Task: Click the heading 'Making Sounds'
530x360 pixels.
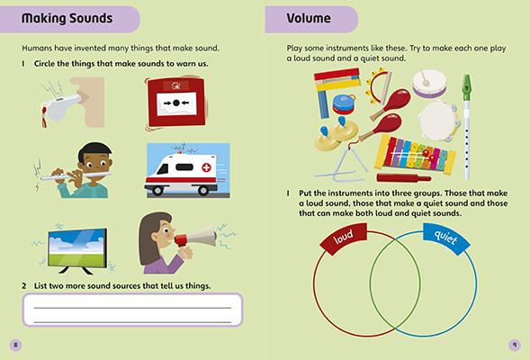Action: (x=67, y=18)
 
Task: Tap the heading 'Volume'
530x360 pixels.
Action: (x=309, y=18)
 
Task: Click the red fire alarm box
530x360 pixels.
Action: (x=180, y=101)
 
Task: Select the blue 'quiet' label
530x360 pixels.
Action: (x=446, y=238)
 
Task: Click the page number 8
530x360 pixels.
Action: (x=14, y=344)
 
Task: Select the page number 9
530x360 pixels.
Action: (x=514, y=344)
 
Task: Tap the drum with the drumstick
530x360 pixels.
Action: (x=431, y=84)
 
